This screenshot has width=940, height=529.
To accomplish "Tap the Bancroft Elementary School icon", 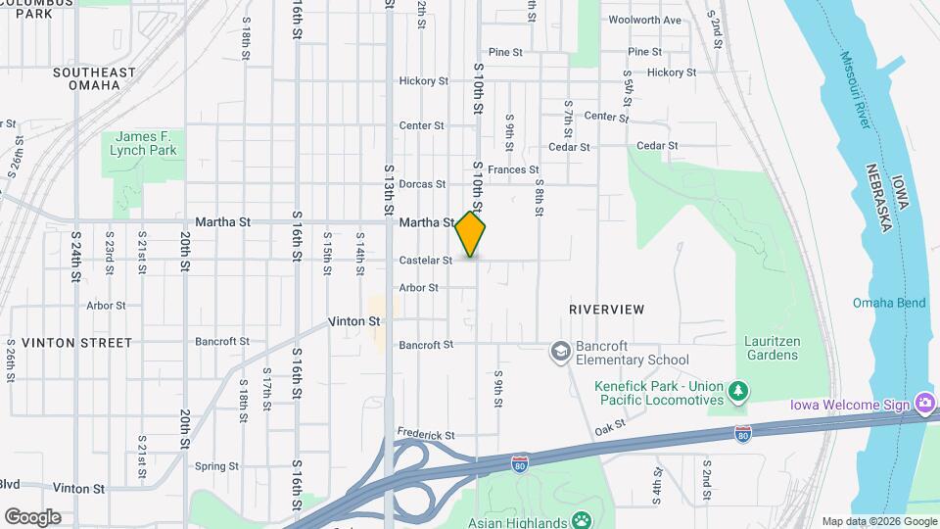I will (x=561, y=351).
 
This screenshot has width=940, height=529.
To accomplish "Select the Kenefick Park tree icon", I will (x=738, y=393).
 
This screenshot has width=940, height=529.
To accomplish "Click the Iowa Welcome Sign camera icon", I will (x=924, y=404).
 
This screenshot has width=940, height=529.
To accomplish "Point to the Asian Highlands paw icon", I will (x=584, y=521).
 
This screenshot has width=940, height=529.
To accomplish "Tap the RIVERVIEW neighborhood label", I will (x=607, y=310).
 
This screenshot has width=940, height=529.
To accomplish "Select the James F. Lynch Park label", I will (x=143, y=143).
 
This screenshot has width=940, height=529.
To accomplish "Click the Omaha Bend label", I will (x=888, y=303).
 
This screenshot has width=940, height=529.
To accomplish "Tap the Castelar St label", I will (x=426, y=261).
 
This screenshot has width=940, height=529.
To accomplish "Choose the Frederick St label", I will (x=427, y=434).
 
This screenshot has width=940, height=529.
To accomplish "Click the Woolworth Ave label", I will (x=644, y=20).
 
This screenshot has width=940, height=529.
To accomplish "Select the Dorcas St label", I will (x=423, y=183).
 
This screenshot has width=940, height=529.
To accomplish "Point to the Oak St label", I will (x=609, y=426).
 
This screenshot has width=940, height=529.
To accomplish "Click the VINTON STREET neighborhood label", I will (x=76, y=343).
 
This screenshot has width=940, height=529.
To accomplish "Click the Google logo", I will (x=32, y=517).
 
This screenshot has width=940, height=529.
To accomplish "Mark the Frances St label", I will (x=513, y=169).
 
